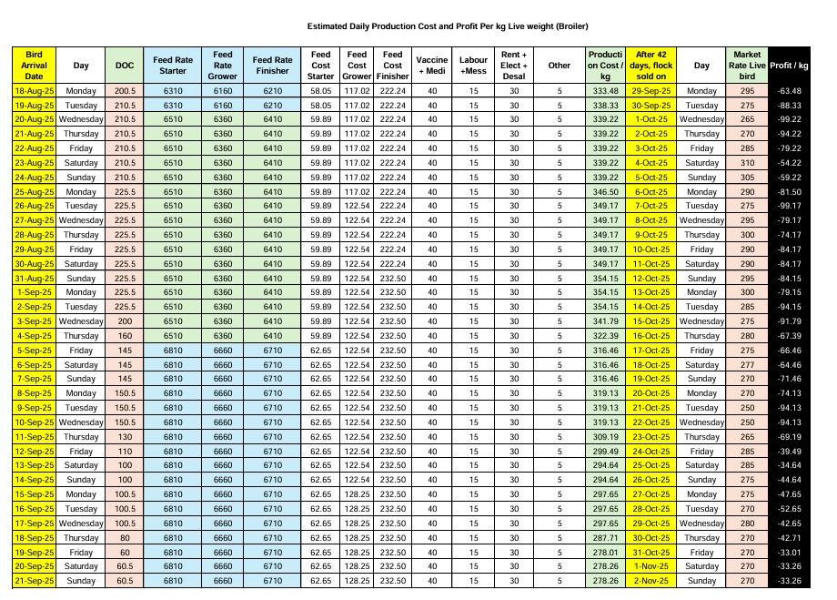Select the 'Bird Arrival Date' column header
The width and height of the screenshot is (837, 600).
tap(35, 66)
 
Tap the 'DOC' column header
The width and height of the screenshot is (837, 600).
tap(125, 66)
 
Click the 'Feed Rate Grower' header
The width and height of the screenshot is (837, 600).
tap(223, 66)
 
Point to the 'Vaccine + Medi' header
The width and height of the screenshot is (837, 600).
tap(432, 66)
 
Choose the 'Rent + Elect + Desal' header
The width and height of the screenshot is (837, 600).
tap(514, 66)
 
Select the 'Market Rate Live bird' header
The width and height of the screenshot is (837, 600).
tap(747, 66)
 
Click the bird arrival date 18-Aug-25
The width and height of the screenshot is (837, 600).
tap(35, 91)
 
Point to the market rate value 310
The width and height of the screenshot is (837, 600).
tap(747, 162)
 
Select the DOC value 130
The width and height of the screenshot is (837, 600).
tap(125, 437)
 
